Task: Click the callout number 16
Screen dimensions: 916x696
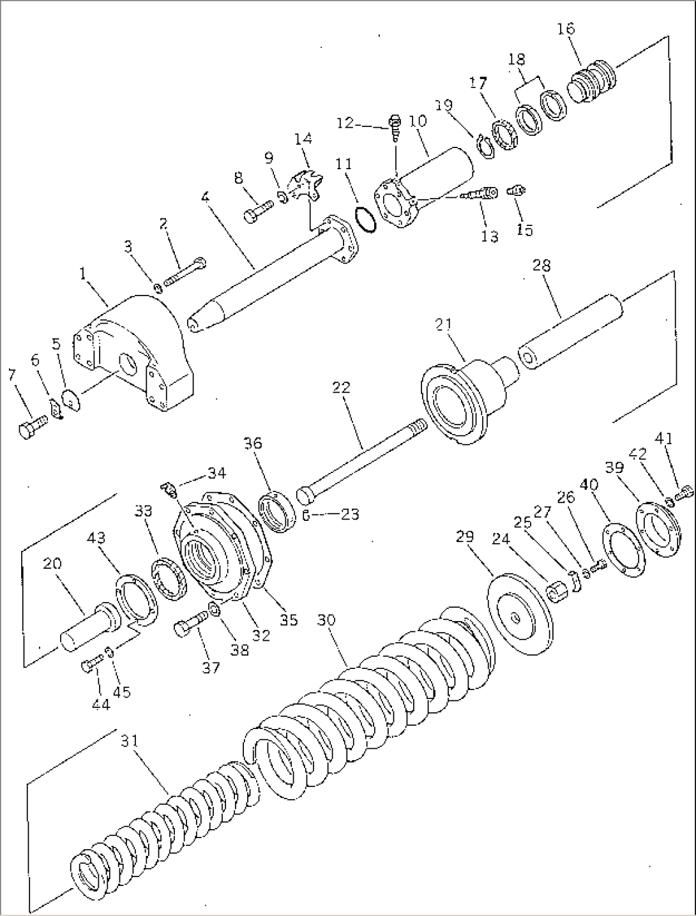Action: coord(565,29)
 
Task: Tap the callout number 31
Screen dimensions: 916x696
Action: coord(130,741)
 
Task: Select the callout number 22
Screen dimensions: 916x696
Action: coord(342,387)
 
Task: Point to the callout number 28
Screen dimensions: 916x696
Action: coord(541,265)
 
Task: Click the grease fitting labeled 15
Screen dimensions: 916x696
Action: coord(515,189)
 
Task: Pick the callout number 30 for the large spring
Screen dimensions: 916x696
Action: coord(327,620)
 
